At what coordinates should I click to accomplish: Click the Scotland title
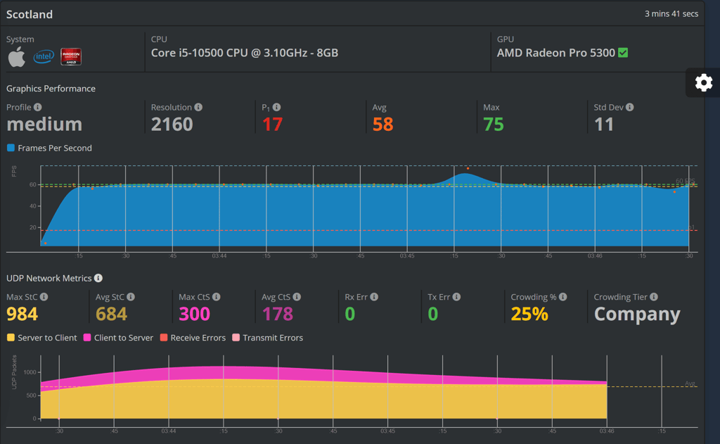[x=30, y=14]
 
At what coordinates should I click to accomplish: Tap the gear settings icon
[x=703, y=83]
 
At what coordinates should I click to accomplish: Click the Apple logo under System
[x=17, y=57]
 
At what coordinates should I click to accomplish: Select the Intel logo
[x=44, y=57]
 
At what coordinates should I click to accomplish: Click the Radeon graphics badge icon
[x=71, y=57]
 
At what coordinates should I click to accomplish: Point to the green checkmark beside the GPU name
[x=623, y=53]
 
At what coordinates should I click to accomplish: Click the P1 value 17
[x=272, y=125]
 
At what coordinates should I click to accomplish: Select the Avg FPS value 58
[x=383, y=125]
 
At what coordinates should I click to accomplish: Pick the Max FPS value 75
[x=494, y=125]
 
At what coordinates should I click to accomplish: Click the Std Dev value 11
[x=604, y=125]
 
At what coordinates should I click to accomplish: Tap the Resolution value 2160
[x=172, y=125]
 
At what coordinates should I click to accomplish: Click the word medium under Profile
[x=44, y=125]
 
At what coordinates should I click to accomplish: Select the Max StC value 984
[x=22, y=314]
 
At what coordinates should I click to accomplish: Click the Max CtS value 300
[x=195, y=314]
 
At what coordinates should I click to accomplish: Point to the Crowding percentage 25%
[x=529, y=314]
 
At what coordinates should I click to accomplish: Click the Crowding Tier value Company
[x=637, y=315]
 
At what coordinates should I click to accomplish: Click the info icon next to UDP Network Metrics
[x=98, y=279]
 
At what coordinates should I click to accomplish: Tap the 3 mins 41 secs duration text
[x=671, y=14]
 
